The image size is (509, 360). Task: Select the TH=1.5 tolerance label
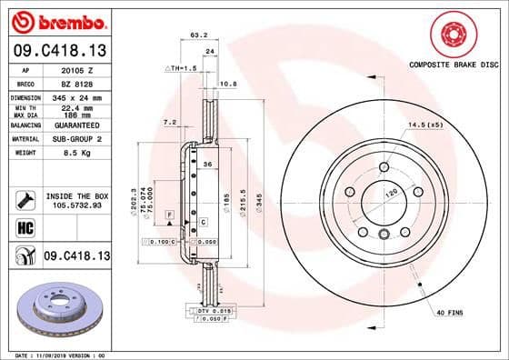click(183, 67)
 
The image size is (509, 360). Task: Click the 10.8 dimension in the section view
click(230, 84)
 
